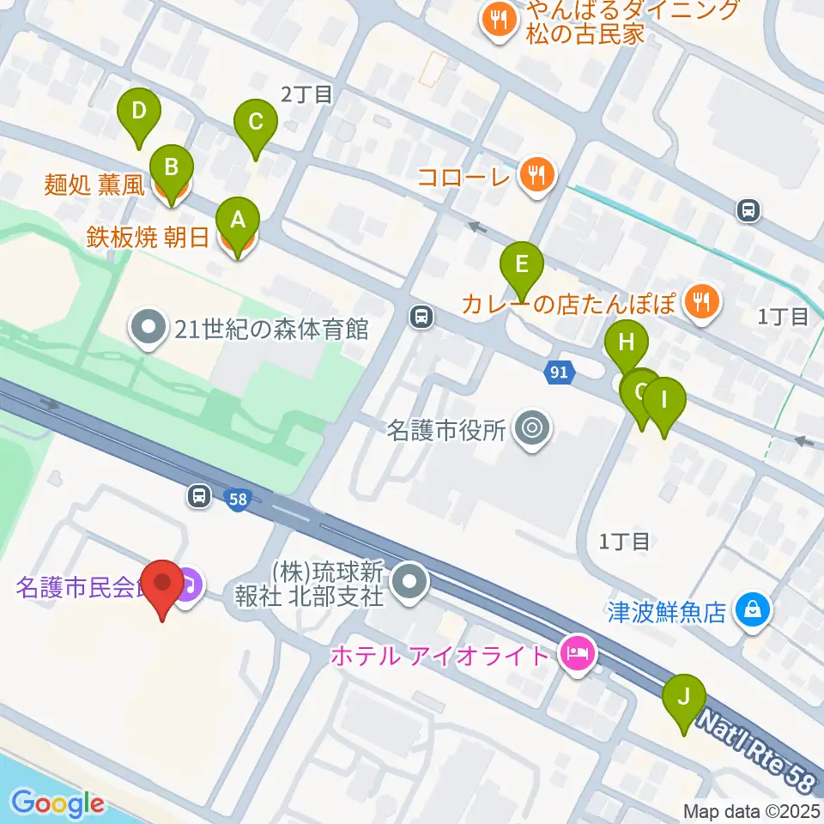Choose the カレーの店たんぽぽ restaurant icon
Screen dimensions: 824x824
(702, 301)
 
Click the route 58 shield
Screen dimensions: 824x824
(239, 498)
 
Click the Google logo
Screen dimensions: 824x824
(58, 804)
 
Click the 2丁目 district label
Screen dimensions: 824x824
(306, 94)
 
